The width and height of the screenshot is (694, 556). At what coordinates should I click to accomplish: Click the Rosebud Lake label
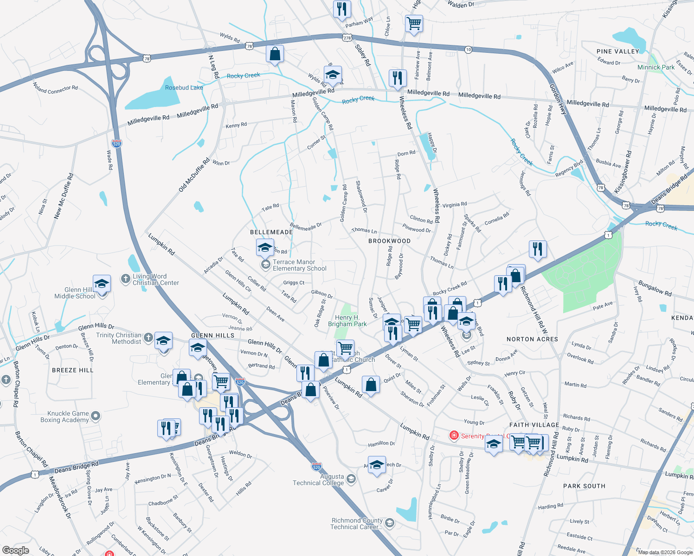pyautogui.click(x=184, y=88)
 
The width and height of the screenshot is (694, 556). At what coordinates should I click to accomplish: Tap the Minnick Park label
pyautogui.click(x=656, y=67)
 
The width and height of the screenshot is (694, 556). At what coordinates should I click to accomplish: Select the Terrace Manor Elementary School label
pyautogui.click(x=299, y=265)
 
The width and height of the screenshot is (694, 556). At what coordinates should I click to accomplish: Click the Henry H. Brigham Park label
pyautogui.click(x=347, y=321)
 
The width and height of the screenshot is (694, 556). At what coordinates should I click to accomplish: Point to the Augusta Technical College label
pyautogui.click(x=319, y=480)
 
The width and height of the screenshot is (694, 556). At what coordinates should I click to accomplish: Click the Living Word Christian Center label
pyautogui.click(x=155, y=279)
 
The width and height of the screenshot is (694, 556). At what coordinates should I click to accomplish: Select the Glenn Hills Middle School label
pyautogui.click(x=75, y=293)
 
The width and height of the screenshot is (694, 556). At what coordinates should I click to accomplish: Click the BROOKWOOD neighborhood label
pyautogui.click(x=389, y=241)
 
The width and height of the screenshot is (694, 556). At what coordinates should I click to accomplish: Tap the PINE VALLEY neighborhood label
pyautogui.click(x=617, y=51)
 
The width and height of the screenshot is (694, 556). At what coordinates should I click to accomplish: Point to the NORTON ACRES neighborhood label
pyautogui.click(x=532, y=339)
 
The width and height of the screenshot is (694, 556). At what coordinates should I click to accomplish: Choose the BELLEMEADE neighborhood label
pyautogui.click(x=271, y=232)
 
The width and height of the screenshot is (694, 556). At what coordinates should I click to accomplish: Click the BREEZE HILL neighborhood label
pyautogui.click(x=73, y=370)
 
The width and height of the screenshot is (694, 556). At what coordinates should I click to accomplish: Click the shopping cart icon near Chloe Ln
pyautogui.click(x=414, y=23)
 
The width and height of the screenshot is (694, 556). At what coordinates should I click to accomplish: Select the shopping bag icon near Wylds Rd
pyautogui.click(x=275, y=54)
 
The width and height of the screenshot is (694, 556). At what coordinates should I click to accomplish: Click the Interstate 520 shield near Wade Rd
pyautogui.click(x=116, y=144)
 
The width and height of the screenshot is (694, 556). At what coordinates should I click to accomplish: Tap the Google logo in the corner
pyautogui.click(x=15, y=550)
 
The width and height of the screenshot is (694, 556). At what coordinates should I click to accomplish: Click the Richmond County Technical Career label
pyautogui.click(x=357, y=524)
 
